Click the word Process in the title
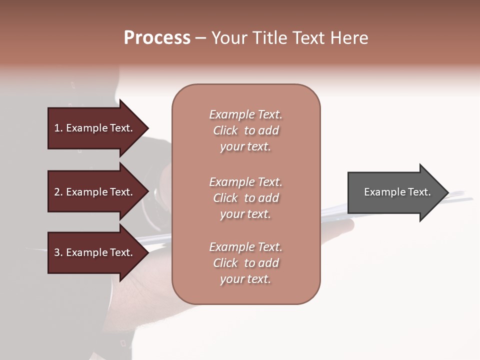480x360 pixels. click(x=157, y=38)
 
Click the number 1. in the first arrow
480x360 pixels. click(x=58, y=128)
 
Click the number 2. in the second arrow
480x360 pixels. click(x=58, y=192)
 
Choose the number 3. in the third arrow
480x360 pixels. click(x=58, y=252)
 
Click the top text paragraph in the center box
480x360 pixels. click(x=245, y=130)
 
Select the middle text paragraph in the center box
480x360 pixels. click(x=245, y=198)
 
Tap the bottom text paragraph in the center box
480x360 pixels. click(x=245, y=263)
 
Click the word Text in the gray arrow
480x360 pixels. click(x=418, y=192)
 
